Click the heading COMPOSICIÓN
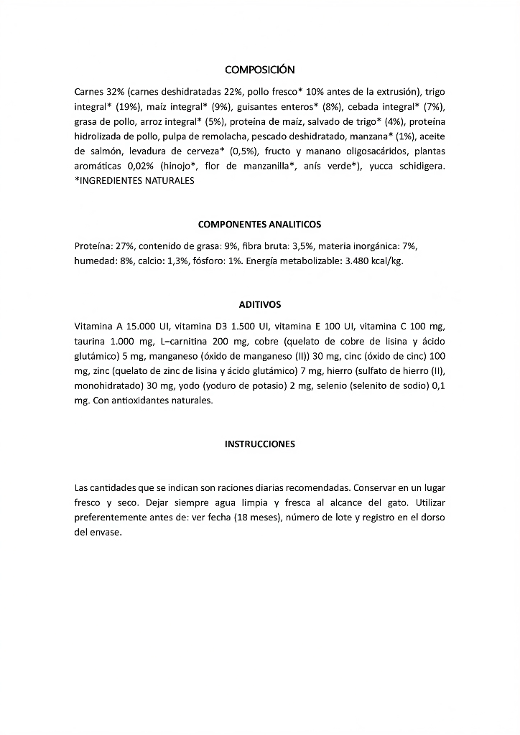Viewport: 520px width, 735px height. point(259,70)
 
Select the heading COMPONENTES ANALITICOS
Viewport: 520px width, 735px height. point(259,225)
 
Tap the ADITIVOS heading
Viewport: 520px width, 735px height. point(259,305)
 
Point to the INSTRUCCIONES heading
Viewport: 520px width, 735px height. point(259,444)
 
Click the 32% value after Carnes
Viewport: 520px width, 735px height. point(115,92)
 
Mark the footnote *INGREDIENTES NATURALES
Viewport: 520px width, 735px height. point(134,181)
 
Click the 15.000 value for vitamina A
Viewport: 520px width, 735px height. point(141,326)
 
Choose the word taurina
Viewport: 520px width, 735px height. point(91,341)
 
